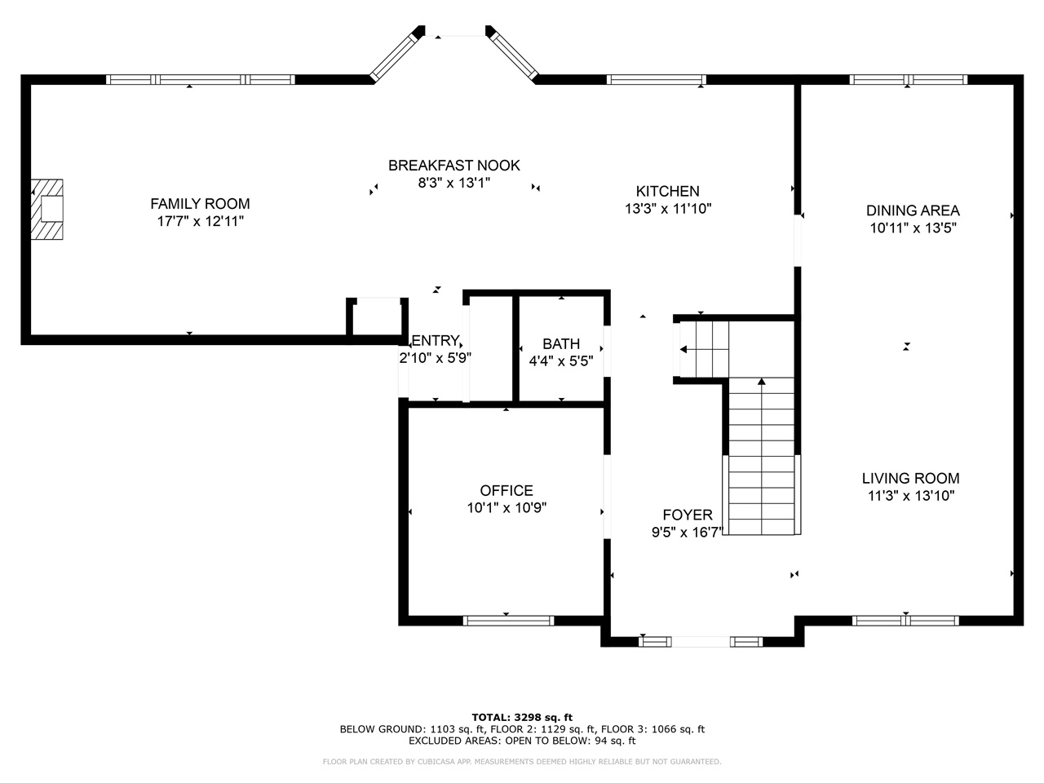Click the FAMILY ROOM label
coord(200,204)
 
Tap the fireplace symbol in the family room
coord(47,209)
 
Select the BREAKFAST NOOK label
coord(453,166)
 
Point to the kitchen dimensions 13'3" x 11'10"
coord(668,209)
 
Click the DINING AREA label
coord(913,210)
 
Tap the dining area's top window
coord(909,79)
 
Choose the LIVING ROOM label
coord(911,478)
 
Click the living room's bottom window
coord(905,621)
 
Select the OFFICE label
coord(507,491)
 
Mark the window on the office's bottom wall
coord(508,621)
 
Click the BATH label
coord(561,343)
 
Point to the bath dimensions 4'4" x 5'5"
coord(561,361)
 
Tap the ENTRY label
coord(436,341)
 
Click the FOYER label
coord(688,515)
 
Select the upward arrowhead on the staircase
coord(762,381)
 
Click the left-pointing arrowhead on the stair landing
coord(683,349)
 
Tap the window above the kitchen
coord(657,79)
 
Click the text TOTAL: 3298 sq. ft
coord(522,718)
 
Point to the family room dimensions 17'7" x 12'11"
coord(201,222)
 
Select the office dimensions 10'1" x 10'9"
coord(507,508)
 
